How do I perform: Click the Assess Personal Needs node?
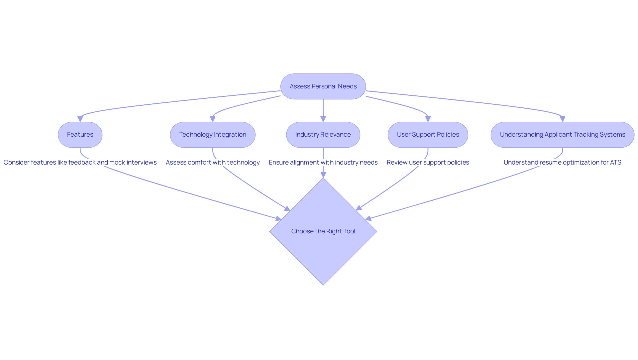[x=323, y=86]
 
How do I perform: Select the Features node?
[x=80, y=135]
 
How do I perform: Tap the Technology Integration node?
[x=213, y=135]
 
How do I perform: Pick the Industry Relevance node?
[x=323, y=135]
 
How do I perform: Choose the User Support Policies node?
[x=428, y=135]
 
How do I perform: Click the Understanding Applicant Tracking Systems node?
[x=562, y=135]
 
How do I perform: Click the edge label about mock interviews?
[x=80, y=163]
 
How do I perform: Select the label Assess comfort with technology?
[x=213, y=163]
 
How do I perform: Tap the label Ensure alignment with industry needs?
[x=323, y=163]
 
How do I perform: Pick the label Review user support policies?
[x=428, y=163]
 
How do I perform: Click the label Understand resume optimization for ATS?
[x=562, y=163]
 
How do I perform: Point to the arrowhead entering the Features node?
[x=80, y=119]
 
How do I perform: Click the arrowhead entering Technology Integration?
[x=213, y=119]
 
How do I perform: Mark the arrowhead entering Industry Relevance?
[x=323, y=119]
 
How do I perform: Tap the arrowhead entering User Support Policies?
[x=428, y=119]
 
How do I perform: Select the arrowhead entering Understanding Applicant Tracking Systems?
[x=563, y=119]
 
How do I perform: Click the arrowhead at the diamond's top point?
[x=323, y=175]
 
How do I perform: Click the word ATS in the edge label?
[x=615, y=163]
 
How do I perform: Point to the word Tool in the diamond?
[x=349, y=231]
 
